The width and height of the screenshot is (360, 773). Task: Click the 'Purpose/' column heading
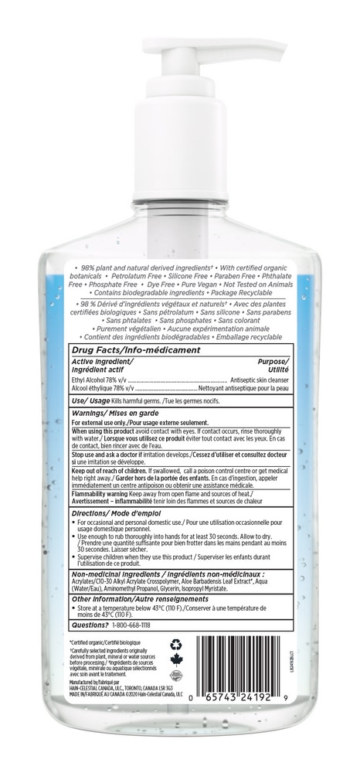[273, 361]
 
